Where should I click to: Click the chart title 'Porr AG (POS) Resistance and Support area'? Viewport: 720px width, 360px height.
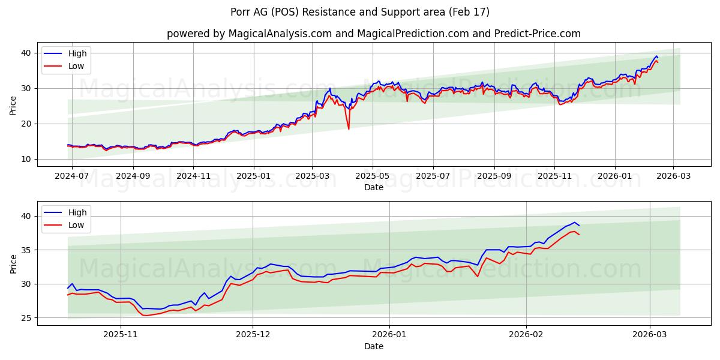pyautogui.click(x=360, y=12)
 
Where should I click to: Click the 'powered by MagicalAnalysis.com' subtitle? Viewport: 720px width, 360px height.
pyautogui.click(x=249, y=34)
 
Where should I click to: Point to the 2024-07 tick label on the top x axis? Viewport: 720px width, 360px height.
pyautogui.click(x=72, y=176)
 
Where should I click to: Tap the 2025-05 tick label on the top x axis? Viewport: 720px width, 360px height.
pyautogui.click(x=373, y=176)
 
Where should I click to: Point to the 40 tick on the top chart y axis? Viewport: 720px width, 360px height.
pyautogui.click(x=26, y=53)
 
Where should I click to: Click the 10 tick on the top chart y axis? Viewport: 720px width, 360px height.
pyautogui.click(x=26, y=159)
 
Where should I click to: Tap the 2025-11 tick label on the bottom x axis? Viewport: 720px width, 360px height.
pyautogui.click(x=121, y=335)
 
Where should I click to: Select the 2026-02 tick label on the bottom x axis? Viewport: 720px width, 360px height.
pyautogui.click(x=526, y=335)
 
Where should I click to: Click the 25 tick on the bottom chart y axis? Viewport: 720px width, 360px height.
pyautogui.click(x=26, y=318)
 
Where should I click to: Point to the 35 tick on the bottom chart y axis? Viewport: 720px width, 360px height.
pyautogui.click(x=26, y=250)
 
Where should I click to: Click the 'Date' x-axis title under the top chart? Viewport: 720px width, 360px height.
pyautogui.click(x=373, y=187)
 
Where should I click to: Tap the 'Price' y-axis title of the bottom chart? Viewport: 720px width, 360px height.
pyautogui.click(x=13, y=263)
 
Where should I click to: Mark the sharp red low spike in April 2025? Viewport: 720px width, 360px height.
pyautogui.click(x=348, y=128)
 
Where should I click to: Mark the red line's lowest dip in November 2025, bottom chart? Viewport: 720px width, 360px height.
pyautogui.click(x=145, y=316)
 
